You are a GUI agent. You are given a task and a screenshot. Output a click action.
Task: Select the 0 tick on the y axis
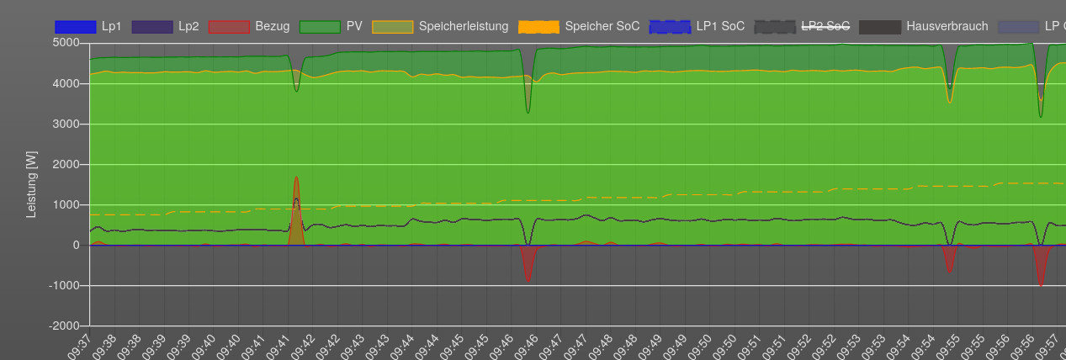pos(76,245)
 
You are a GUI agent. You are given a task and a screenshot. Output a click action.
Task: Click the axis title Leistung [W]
pos(31,183)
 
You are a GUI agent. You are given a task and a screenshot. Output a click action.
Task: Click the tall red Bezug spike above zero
pos(296,210)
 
